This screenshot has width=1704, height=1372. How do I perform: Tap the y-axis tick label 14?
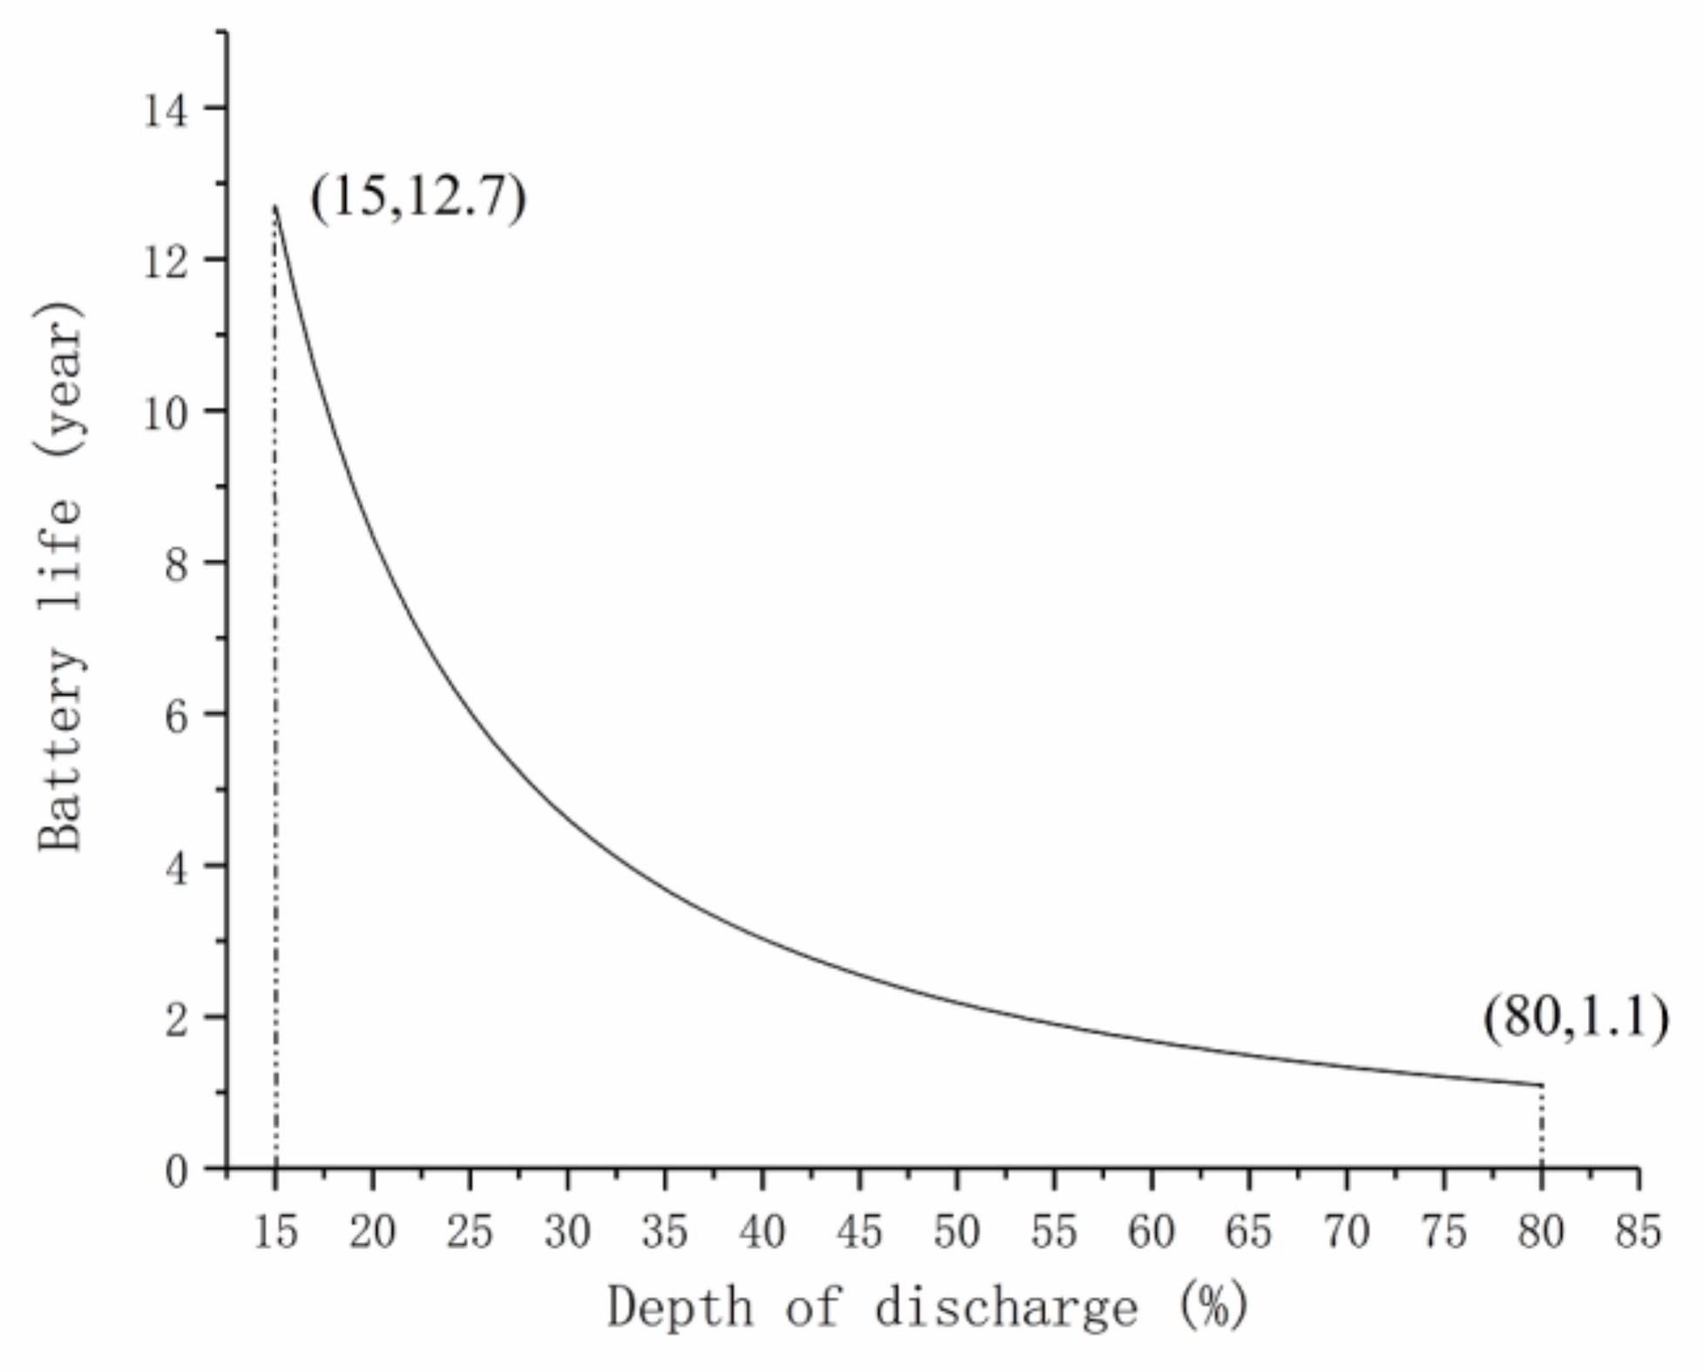click(x=166, y=111)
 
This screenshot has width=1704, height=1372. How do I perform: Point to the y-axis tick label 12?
click(x=166, y=262)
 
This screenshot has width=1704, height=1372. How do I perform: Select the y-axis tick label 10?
click(x=166, y=414)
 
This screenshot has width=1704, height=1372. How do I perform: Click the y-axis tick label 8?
click(x=176, y=565)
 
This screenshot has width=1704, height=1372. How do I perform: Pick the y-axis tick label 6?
click(x=176, y=717)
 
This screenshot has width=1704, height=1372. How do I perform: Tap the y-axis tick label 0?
click(x=176, y=1172)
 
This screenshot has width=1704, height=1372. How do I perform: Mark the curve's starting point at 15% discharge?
click(x=275, y=206)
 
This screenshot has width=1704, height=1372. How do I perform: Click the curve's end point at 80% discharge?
click(x=1541, y=1085)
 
